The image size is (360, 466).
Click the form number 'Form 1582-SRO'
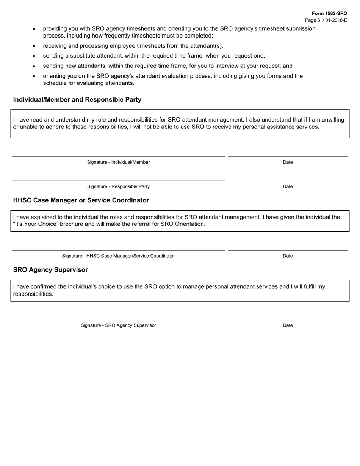329,13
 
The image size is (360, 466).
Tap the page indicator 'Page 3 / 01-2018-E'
326,20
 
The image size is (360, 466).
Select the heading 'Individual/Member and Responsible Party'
77,100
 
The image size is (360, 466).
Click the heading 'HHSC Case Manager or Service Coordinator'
81,200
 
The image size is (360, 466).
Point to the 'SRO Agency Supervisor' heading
50,270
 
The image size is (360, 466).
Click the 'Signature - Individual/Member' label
118,162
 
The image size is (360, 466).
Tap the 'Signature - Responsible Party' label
118,186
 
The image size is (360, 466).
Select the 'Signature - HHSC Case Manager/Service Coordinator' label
118,256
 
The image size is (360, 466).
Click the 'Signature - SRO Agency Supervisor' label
118,325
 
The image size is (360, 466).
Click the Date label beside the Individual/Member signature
288,162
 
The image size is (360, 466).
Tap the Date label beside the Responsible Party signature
288,186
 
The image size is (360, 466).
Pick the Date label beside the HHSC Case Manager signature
288,256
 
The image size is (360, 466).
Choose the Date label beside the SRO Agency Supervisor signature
288,325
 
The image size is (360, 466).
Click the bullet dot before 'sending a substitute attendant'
34,56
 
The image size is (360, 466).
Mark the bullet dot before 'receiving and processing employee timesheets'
34,46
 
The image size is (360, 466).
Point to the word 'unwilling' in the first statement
332,120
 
